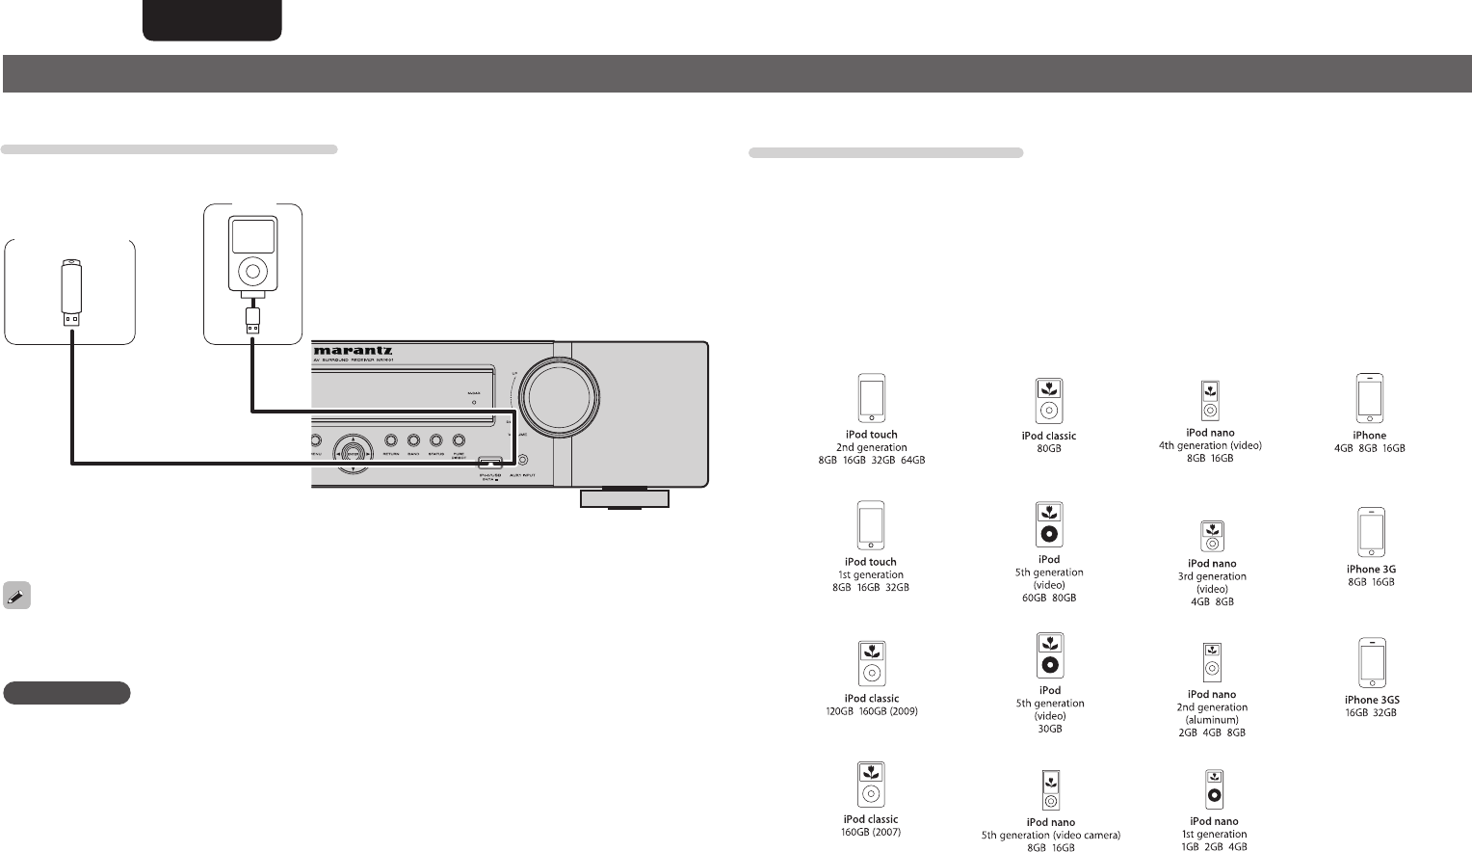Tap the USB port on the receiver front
[x=489, y=462]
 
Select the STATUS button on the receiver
[x=435, y=440]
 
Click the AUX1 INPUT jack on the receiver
[x=523, y=461]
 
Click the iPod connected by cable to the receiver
[x=251, y=254]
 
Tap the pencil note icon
[x=16, y=596]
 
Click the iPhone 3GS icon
[x=1371, y=663]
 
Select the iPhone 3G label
[x=1371, y=570]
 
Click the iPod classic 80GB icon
[x=1048, y=401]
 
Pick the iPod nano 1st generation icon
[x=1214, y=789]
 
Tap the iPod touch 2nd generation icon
[x=871, y=398]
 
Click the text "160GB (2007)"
[x=871, y=833]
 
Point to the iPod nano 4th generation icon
[x=1210, y=401]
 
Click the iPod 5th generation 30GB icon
[x=1050, y=655]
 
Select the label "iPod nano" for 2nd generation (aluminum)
[x=1212, y=694]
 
